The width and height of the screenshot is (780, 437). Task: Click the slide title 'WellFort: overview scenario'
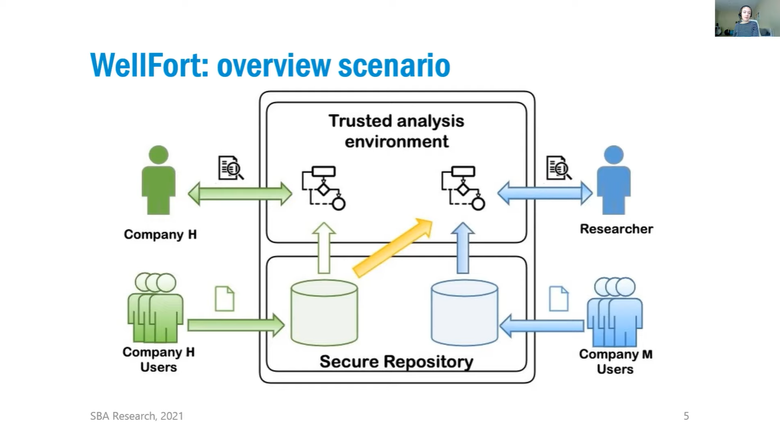[270, 65]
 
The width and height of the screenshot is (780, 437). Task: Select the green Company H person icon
[158, 180]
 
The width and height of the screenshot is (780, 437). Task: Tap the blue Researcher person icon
[614, 180]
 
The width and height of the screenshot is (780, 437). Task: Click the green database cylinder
[324, 313]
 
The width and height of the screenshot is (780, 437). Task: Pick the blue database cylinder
[464, 313]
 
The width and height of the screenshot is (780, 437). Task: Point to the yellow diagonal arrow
[393, 247]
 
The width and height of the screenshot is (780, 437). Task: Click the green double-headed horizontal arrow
[240, 193]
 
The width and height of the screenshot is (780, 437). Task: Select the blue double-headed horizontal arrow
[544, 193]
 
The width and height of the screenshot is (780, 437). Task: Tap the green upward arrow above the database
[324, 248]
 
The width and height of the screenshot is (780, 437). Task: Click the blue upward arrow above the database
[463, 248]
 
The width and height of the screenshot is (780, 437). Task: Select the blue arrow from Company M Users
[542, 325]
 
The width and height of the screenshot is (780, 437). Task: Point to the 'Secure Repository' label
[396, 362]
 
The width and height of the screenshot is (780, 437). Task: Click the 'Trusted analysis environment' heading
[396, 131]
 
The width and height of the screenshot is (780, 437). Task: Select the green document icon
[224, 299]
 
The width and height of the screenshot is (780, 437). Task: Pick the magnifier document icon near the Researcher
[558, 168]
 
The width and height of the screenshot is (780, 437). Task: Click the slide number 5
[686, 416]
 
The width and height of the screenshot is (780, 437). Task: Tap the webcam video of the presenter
[747, 18]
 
